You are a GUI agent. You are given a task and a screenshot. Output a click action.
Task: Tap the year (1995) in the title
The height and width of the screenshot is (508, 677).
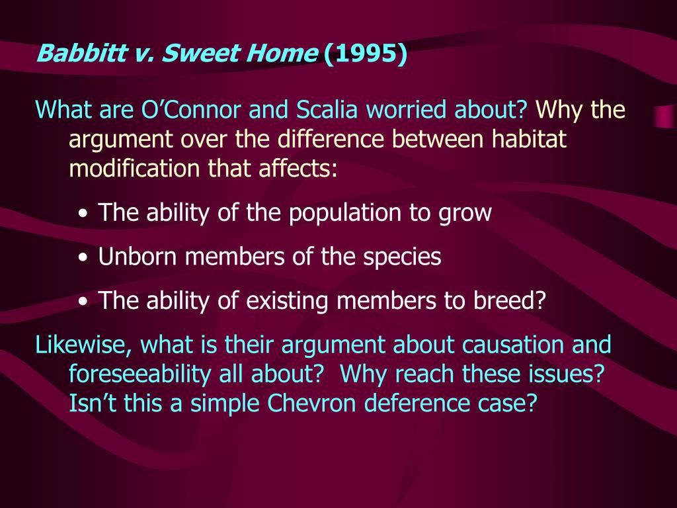(x=365, y=52)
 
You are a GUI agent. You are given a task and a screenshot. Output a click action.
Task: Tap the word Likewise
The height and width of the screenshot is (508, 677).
(x=78, y=345)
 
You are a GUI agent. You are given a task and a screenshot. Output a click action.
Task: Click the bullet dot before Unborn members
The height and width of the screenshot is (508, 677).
(x=83, y=259)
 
